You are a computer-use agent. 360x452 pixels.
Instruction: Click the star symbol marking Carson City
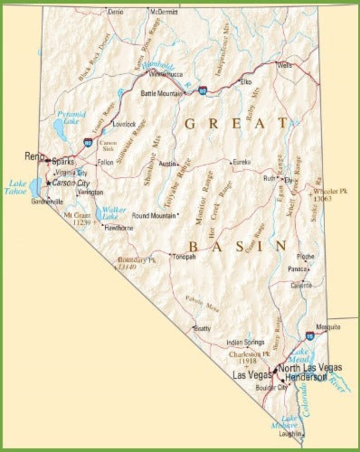pyautogui.click(x=49, y=183)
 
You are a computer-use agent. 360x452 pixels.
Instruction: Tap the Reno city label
pyautogui.click(x=32, y=156)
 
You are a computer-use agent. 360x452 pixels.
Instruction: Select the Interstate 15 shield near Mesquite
pyautogui.click(x=310, y=336)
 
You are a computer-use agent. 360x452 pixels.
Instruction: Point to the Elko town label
pyautogui.click(x=246, y=83)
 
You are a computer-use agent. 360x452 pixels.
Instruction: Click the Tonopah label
pyautogui.click(x=184, y=257)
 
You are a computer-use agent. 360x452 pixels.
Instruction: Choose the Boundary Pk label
pyautogui.click(x=136, y=261)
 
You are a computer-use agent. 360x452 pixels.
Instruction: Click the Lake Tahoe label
pyautogui.click(x=19, y=187)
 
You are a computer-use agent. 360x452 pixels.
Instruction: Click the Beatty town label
pyautogui.click(x=203, y=329)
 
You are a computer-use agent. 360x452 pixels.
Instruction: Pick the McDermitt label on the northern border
pyautogui.click(x=164, y=12)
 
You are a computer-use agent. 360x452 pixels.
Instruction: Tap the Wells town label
pyautogui.click(x=285, y=65)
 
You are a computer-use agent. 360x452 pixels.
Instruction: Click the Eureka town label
pyautogui.click(x=242, y=162)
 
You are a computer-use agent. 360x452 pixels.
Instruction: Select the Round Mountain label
pyautogui.click(x=153, y=216)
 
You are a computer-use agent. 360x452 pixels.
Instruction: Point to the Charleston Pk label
pyautogui.click(x=249, y=354)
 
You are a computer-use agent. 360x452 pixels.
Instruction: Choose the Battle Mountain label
pyautogui.click(x=161, y=93)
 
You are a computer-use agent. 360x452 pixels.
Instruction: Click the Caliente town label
pyautogui.click(x=301, y=285)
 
